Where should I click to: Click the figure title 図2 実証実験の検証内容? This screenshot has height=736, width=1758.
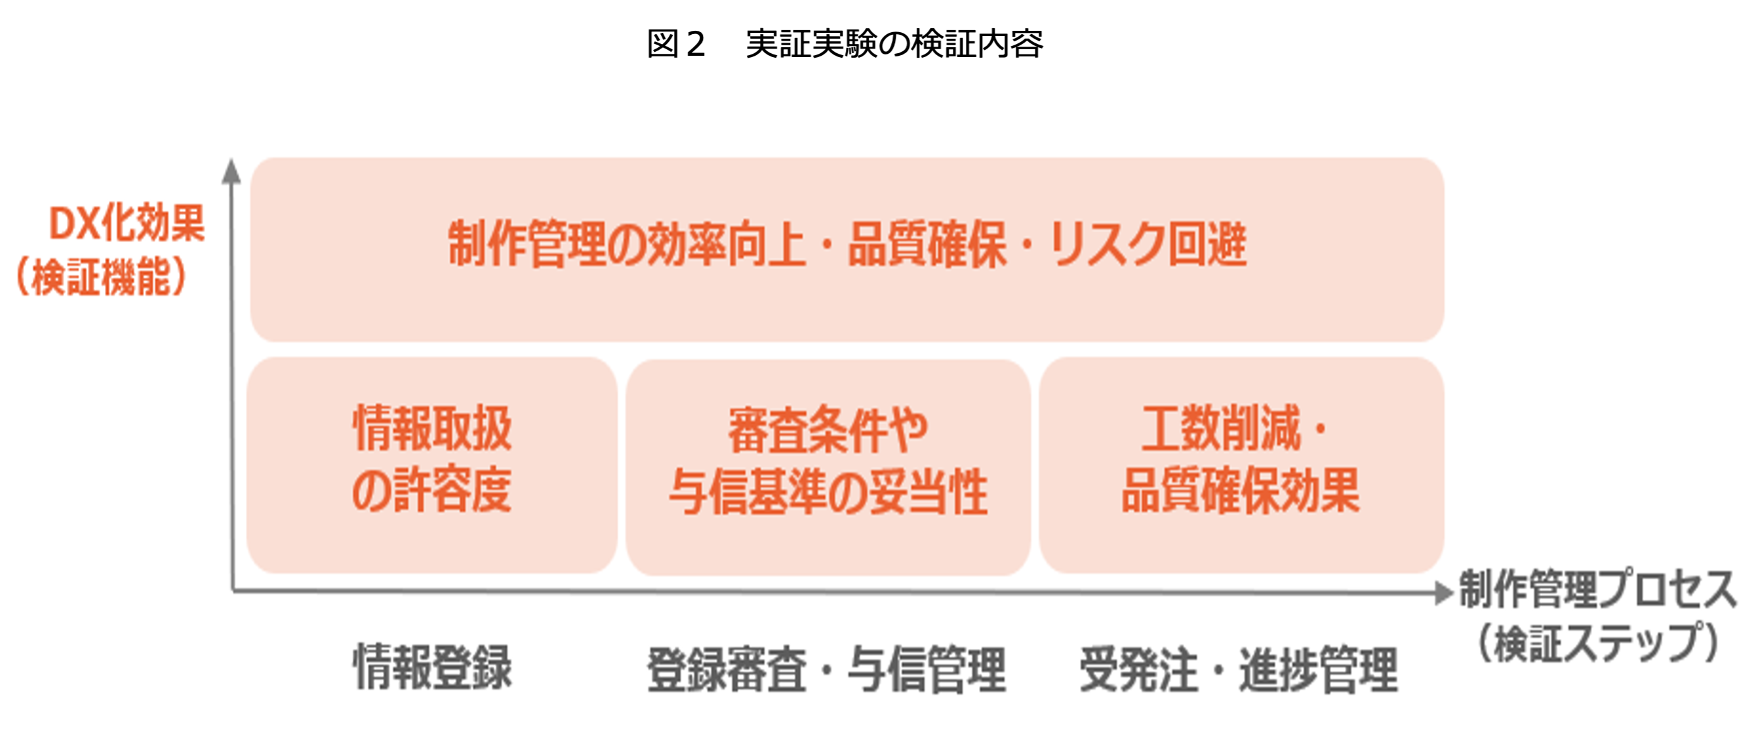click(x=844, y=44)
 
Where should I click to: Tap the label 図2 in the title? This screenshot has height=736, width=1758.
click(x=675, y=44)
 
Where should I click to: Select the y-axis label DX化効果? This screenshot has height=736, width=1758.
click(x=127, y=223)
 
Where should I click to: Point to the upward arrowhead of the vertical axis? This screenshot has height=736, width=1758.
click(x=231, y=172)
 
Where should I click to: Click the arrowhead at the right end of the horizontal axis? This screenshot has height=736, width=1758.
click(x=1443, y=592)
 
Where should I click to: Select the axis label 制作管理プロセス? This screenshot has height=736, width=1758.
click(x=1597, y=588)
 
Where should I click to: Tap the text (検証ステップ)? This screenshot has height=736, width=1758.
click(x=1597, y=643)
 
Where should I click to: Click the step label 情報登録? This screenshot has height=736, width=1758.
click(x=432, y=668)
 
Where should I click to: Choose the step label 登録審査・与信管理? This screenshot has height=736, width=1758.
click(x=826, y=669)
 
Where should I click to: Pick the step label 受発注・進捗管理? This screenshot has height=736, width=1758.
click(x=1238, y=669)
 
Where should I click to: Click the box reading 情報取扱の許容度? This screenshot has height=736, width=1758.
click(x=432, y=464)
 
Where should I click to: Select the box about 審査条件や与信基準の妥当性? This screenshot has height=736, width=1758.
click(x=828, y=467)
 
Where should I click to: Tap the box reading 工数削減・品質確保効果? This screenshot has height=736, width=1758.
click(x=1241, y=464)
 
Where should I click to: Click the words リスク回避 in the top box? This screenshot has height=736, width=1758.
click(x=1148, y=245)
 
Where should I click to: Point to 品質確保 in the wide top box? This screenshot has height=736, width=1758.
click(x=927, y=245)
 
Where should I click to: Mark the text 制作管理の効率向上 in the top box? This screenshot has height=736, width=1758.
click(x=626, y=245)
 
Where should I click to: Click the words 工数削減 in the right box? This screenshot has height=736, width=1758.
click(x=1222, y=429)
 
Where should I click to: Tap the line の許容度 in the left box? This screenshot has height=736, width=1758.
click(x=432, y=490)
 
